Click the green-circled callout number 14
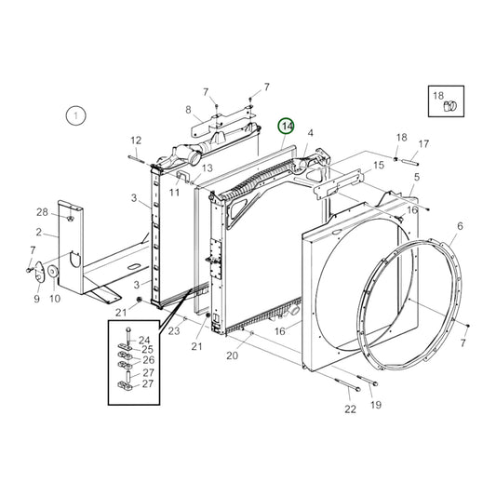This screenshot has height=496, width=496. pos(287,127)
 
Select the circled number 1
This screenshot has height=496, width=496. pos(75,116)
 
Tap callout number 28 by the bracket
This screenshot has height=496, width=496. pos(42,212)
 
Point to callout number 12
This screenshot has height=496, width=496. pos(135,141)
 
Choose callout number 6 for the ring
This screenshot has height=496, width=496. pos(458,226)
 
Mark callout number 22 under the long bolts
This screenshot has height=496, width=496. pos(349,408)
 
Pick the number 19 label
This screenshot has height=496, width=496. pos(376,405)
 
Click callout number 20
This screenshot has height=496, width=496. pos(232,355)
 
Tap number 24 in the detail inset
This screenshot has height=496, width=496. pos(144,340)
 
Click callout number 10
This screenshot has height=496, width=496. pos(55,299)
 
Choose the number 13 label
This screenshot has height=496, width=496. pos(207,168)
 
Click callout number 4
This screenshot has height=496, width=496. pos(310,133)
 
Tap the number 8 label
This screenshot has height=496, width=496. pos(188,109)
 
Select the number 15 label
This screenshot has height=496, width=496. pos(378,165)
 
